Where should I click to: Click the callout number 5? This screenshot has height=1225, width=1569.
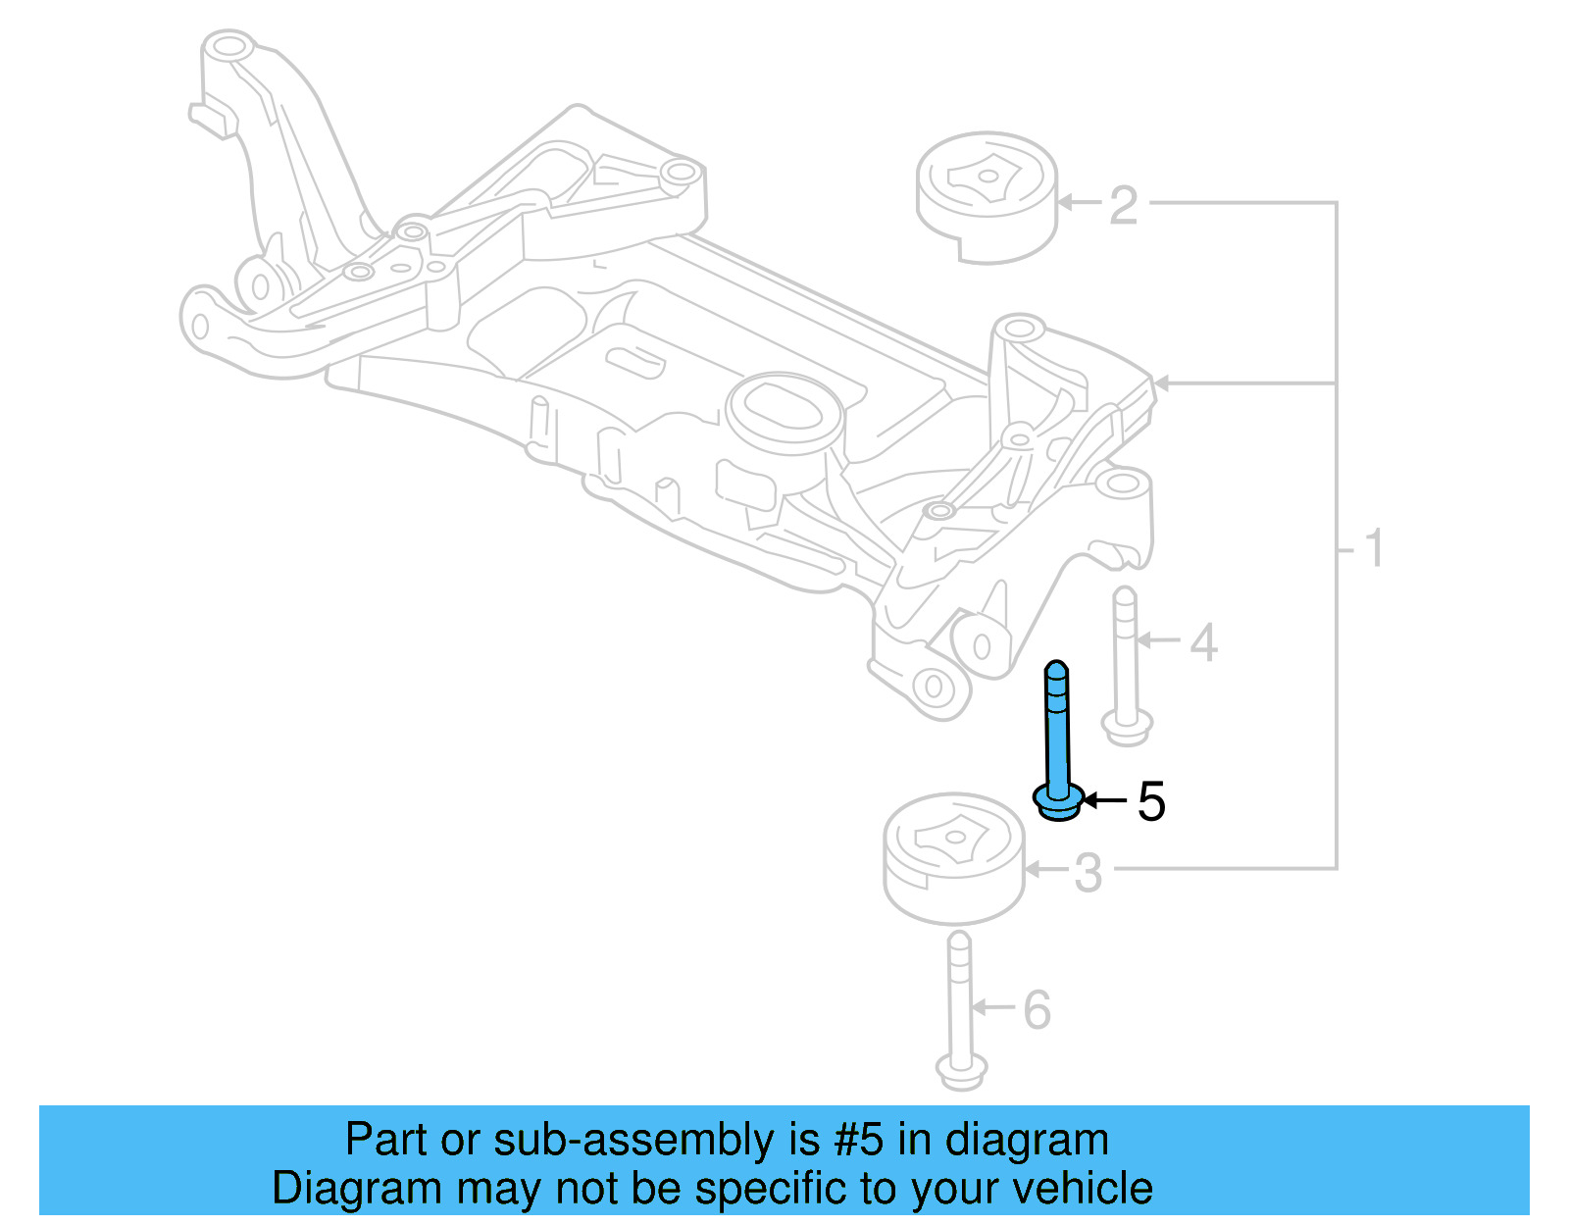point(1151,801)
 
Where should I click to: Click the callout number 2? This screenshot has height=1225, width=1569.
point(1124,205)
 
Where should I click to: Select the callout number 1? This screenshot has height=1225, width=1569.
point(1374,548)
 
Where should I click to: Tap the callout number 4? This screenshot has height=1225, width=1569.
point(1203,642)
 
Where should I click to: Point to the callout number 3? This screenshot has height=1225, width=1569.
point(1088,872)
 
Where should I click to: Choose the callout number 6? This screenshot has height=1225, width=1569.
point(1038,1010)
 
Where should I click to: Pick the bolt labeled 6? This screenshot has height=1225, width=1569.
point(960,1010)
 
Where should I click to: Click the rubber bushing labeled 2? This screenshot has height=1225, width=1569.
point(987,196)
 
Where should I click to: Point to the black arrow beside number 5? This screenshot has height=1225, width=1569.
point(1103,801)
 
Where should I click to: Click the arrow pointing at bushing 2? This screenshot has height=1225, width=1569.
point(1079,203)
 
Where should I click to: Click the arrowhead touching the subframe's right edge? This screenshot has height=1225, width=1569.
point(1161,383)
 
